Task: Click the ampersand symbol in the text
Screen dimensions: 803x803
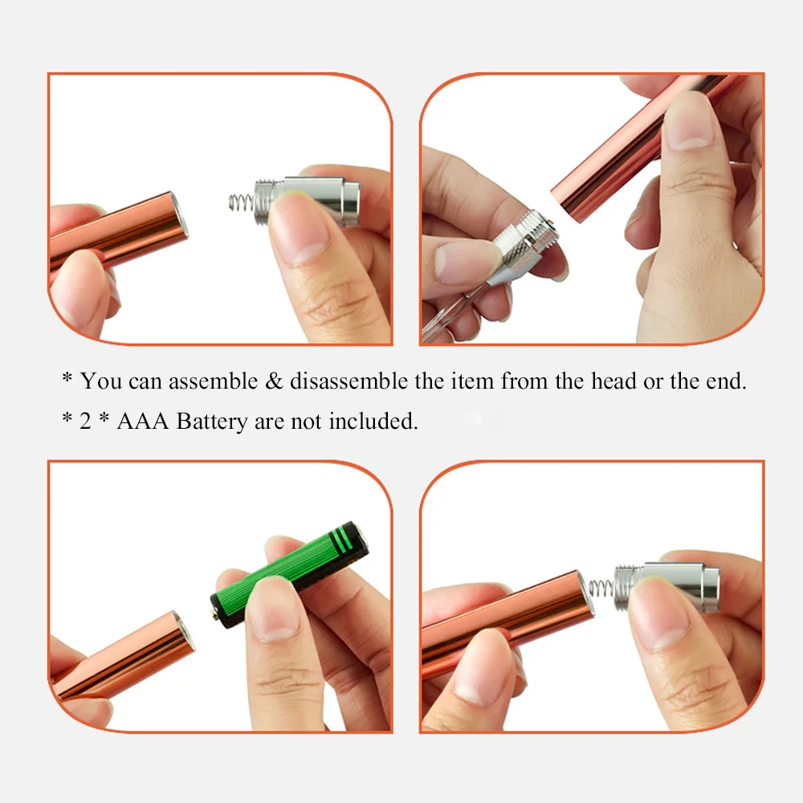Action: (x=273, y=381)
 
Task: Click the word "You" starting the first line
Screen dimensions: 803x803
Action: (x=101, y=381)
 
